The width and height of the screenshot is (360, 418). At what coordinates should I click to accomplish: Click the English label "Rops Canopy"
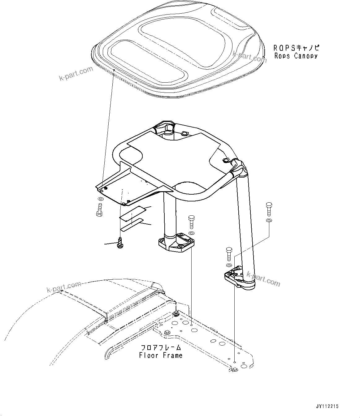pyautogui.click(x=296, y=56)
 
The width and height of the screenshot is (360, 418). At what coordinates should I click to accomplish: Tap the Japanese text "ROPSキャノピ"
pyautogui.click(x=296, y=48)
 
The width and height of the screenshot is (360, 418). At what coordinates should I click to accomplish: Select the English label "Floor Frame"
pyautogui.click(x=161, y=356)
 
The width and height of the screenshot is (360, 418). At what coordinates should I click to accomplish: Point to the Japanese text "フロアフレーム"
pyautogui.click(x=161, y=348)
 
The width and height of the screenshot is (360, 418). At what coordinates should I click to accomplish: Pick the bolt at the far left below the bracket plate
pyautogui.click(x=99, y=210)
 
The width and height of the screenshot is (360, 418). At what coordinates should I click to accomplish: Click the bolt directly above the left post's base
pyautogui.click(x=191, y=222)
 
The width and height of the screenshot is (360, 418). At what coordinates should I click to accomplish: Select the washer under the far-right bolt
pyautogui.click(x=269, y=221)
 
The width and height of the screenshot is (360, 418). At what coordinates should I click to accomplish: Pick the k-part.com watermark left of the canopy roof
pyautogui.click(x=76, y=73)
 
